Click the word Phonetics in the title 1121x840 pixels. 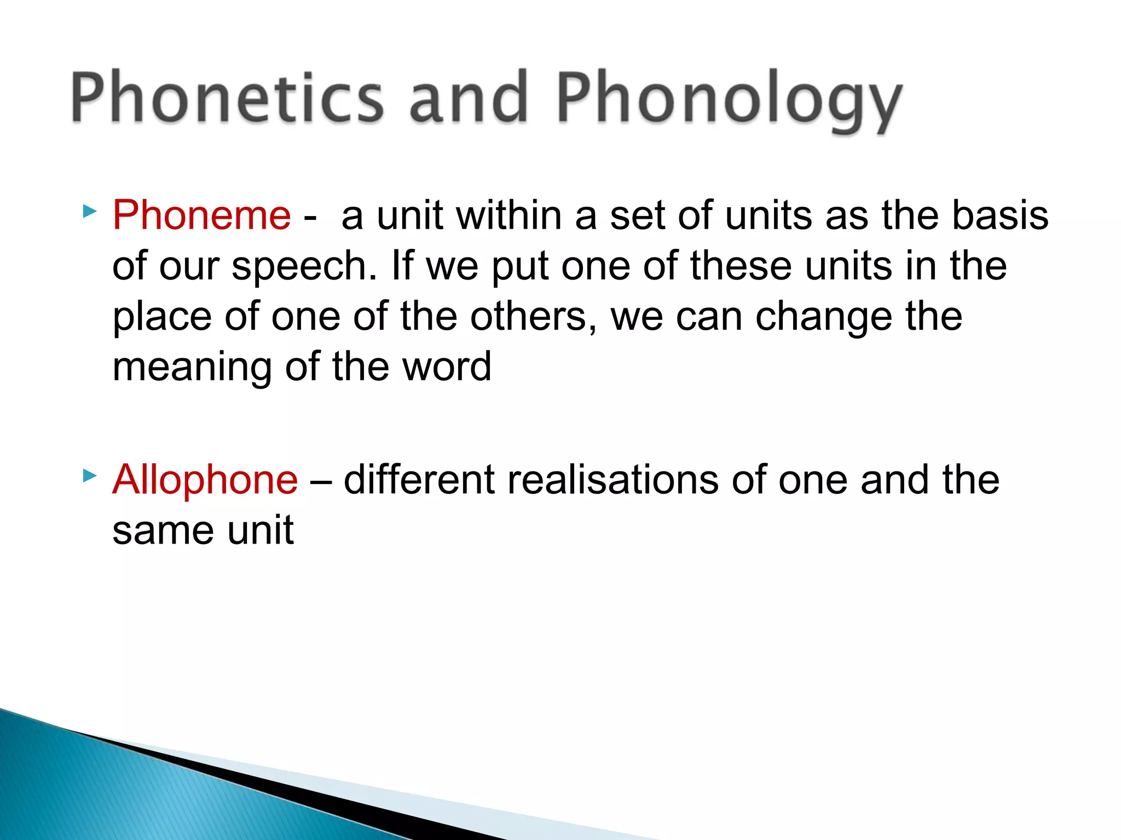click(227, 98)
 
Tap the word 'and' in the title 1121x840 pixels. click(469, 98)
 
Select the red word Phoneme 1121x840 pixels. click(201, 215)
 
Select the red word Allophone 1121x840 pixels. click(205, 480)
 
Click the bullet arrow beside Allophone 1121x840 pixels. click(90, 476)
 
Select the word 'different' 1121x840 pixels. click(419, 480)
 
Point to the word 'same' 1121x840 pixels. click(163, 530)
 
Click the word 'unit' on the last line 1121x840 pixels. click(261, 530)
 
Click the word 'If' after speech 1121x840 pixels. click(402, 265)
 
